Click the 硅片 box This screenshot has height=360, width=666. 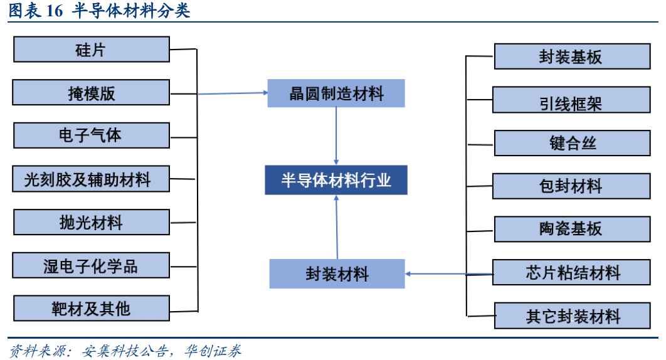click(91, 50)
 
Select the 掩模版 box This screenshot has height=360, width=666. click(91, 93)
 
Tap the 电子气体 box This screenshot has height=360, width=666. click(91, 135)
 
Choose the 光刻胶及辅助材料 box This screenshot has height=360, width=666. click(91, 179)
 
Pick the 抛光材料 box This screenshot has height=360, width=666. click(91, 223)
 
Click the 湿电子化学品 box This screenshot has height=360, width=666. click(91, 266)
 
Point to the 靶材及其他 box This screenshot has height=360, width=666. click(91, 309)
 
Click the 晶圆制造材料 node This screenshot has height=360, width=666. click(336, 94)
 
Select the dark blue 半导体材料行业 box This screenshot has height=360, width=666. click(336, 181)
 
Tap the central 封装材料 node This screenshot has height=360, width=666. click(337, 274)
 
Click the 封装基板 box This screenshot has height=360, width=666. click(571, 56)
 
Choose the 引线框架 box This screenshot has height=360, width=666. click(571, 100)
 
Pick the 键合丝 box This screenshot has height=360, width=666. click(571, 143)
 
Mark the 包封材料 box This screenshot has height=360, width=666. click(571, 186)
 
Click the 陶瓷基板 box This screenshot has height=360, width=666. click(571, 229)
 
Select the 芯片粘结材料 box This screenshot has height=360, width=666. click(571, 272)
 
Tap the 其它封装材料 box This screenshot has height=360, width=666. click(571, 315)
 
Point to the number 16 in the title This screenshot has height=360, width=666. click(55, 11)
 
